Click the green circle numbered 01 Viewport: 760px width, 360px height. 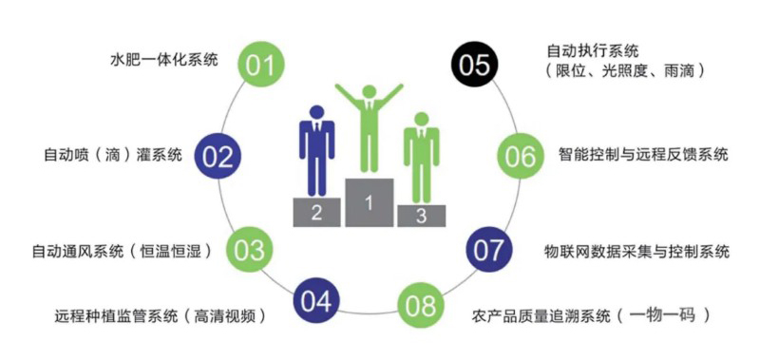[259, 66]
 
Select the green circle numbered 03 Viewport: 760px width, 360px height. [249, 250]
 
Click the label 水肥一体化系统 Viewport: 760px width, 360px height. [164, 60]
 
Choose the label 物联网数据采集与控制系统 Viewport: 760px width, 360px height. [636, 252]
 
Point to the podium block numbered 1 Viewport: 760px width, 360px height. [370, 200]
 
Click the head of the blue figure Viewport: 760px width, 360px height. [317, 110]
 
